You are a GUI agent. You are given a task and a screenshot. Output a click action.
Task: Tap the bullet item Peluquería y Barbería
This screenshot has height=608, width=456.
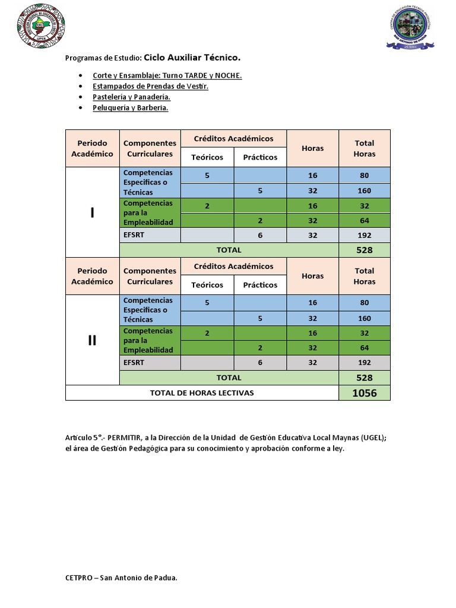130,108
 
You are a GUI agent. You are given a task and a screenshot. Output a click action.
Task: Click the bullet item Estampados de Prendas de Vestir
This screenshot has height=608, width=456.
150,86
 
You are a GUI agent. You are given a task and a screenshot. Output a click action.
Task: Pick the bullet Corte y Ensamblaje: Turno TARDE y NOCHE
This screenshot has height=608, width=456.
167,75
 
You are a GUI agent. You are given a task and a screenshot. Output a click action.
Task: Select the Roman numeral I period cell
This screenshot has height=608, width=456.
92,213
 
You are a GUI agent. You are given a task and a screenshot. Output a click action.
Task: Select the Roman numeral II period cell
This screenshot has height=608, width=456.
92,340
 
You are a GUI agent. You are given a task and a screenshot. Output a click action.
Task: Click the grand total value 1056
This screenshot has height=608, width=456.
364,392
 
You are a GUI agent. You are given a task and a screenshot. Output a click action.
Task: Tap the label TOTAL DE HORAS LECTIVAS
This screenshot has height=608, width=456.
202,392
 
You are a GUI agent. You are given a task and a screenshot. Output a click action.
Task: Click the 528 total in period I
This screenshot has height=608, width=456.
364,250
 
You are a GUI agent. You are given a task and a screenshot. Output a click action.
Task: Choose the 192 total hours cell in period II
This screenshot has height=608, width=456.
364,362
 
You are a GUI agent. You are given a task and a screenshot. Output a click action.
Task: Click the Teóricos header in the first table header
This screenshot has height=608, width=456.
207,157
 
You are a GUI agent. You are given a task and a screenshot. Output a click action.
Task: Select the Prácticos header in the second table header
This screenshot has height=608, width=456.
260,285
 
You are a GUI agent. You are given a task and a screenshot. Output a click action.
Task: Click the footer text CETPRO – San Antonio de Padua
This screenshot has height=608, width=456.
121,578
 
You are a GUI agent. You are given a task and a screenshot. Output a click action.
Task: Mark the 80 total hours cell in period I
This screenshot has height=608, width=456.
364,175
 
